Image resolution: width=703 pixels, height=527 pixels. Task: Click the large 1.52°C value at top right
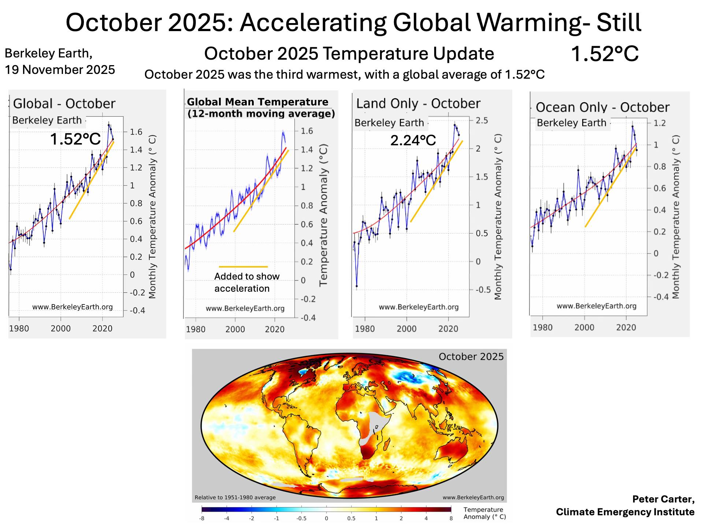(x=605, y=54)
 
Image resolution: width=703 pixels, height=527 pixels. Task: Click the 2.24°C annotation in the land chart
(x=413, y=140)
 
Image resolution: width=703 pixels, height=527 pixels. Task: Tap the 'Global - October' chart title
(x=64, y=104)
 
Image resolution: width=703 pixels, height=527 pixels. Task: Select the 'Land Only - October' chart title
(x=418, y=104)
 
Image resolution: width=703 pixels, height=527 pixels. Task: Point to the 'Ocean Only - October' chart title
(x=602, y=107)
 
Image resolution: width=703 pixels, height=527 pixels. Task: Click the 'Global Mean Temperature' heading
(x=257, y=102)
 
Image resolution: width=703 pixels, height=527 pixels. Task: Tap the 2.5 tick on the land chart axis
(x=482, y=120)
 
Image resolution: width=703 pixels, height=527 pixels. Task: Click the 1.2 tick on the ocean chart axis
(x=659, y=123)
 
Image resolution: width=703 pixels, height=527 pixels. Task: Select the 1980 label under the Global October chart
(x=19, y=328)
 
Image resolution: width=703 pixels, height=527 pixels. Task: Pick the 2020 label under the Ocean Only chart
(x=626, y=327)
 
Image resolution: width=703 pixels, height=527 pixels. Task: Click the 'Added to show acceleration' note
(x=247, y=282)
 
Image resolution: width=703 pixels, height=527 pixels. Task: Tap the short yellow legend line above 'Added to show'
(x=243, y=267)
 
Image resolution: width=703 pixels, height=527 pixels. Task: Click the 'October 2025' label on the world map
(x=471, y=356)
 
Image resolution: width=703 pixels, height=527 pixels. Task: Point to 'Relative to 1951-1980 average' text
(x=235, y=497)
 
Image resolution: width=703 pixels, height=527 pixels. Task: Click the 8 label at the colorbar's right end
(x=451, y=518)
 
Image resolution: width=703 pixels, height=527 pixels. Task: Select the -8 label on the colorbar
(x=201, y=518)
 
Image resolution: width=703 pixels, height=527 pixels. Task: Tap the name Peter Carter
(x=663, y=499)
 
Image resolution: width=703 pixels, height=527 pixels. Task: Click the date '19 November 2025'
(x=60, y=70)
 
